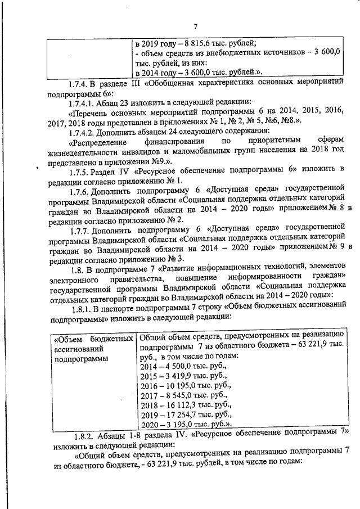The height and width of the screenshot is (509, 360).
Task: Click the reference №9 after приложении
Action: point(154,160)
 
